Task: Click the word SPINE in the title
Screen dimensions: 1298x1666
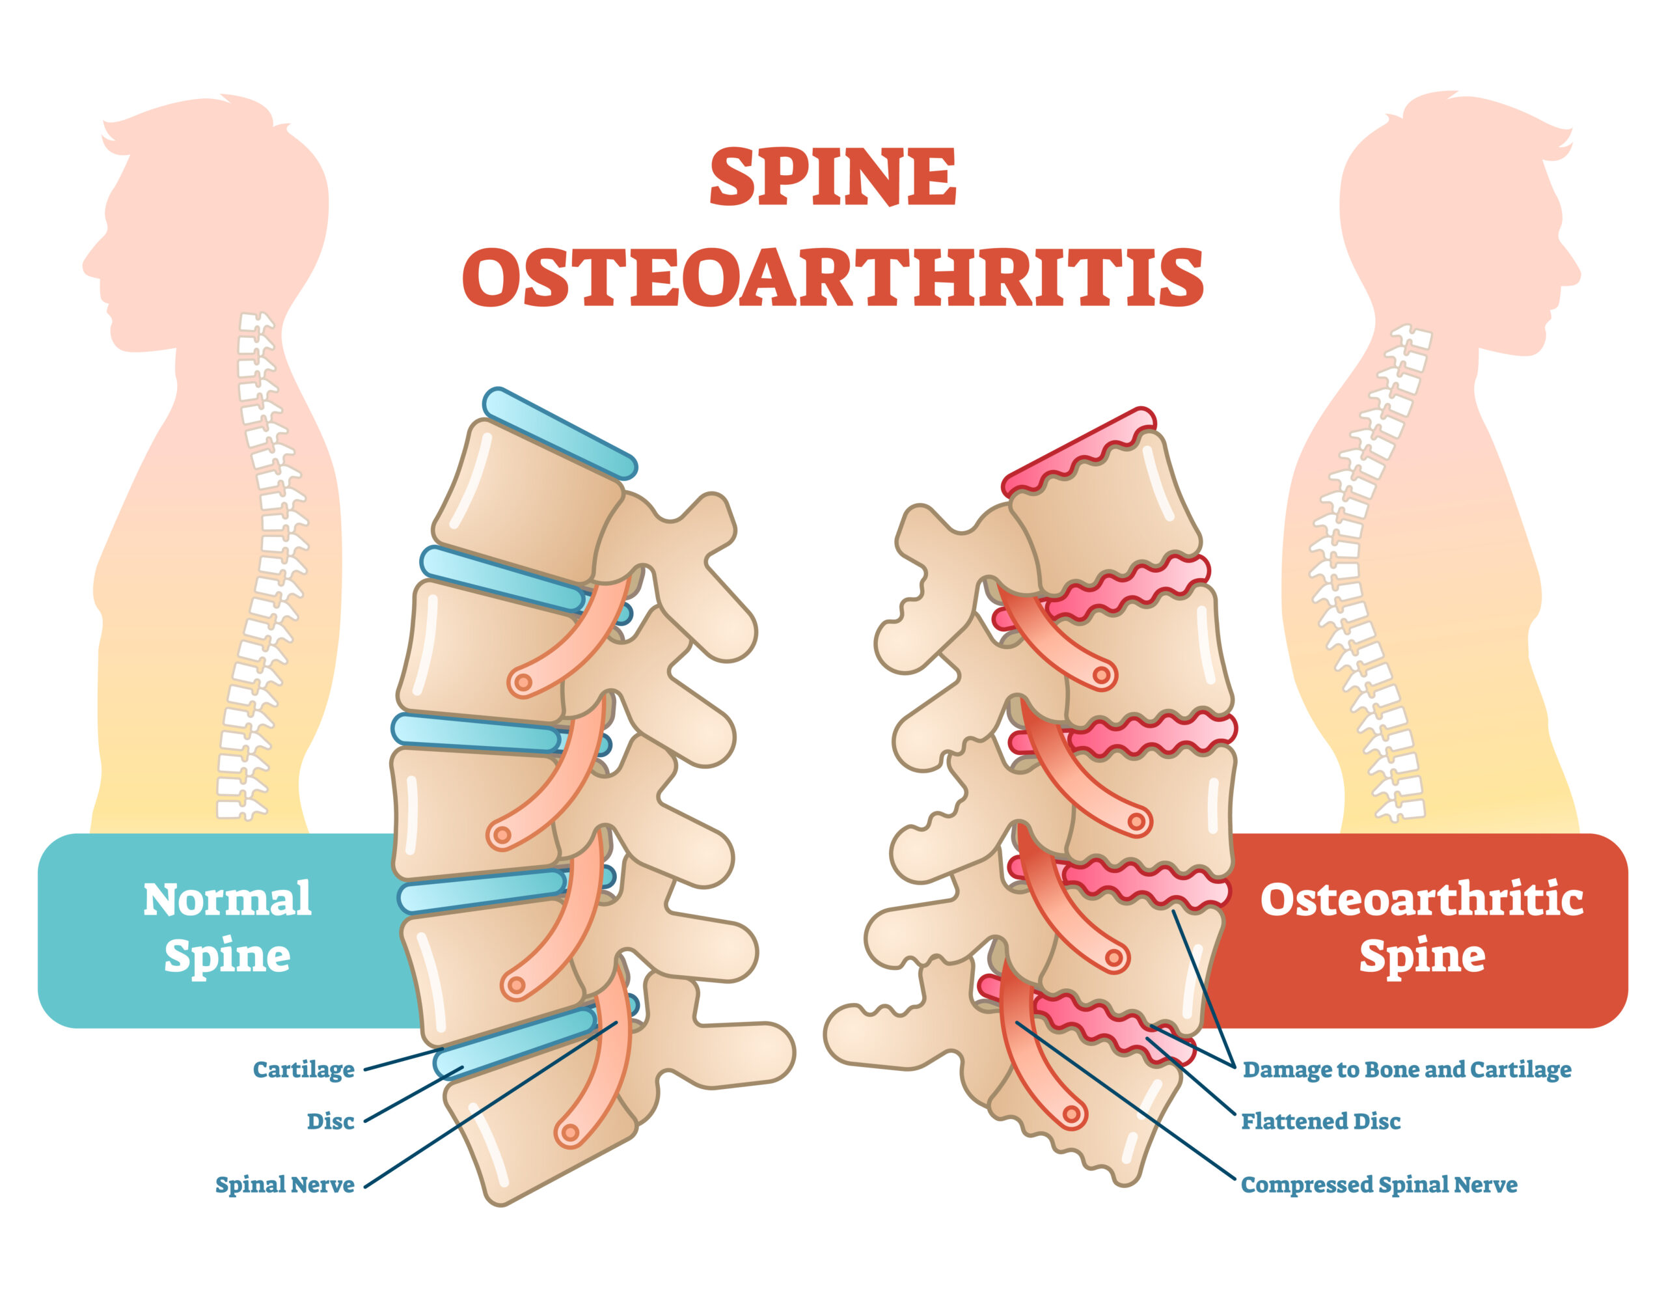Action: pos(832,177)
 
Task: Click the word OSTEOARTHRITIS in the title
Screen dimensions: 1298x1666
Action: pos(832,278)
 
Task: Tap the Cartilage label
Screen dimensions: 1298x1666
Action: pos(304,1070)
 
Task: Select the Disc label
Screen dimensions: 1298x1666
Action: pos(331,1122)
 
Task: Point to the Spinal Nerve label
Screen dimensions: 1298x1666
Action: pos(284,1185)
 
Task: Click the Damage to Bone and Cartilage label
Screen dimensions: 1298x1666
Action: pos(1406,1070)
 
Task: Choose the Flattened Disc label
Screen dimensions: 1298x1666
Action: pos(1320,1122)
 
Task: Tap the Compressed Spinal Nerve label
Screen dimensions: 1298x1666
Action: pos(1378,1185)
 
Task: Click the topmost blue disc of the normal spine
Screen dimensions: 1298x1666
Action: pos(559,434)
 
